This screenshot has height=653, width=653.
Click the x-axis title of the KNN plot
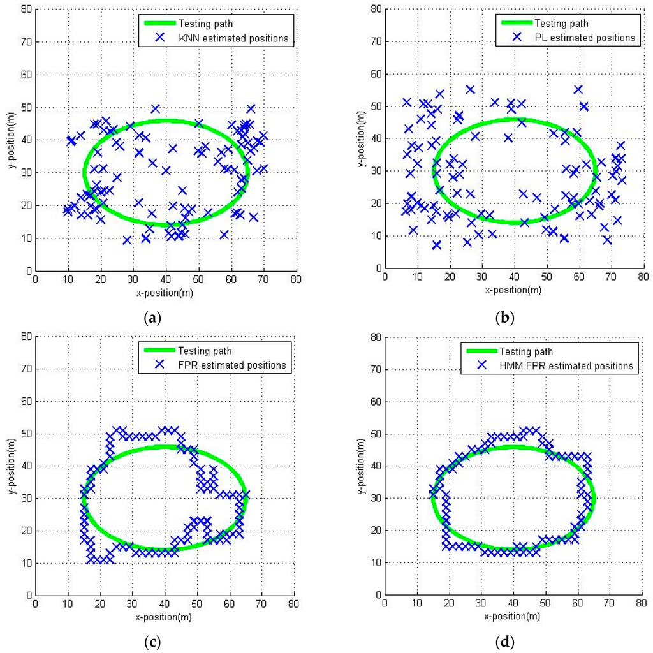165,293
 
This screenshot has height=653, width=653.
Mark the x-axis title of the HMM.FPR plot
513,617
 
